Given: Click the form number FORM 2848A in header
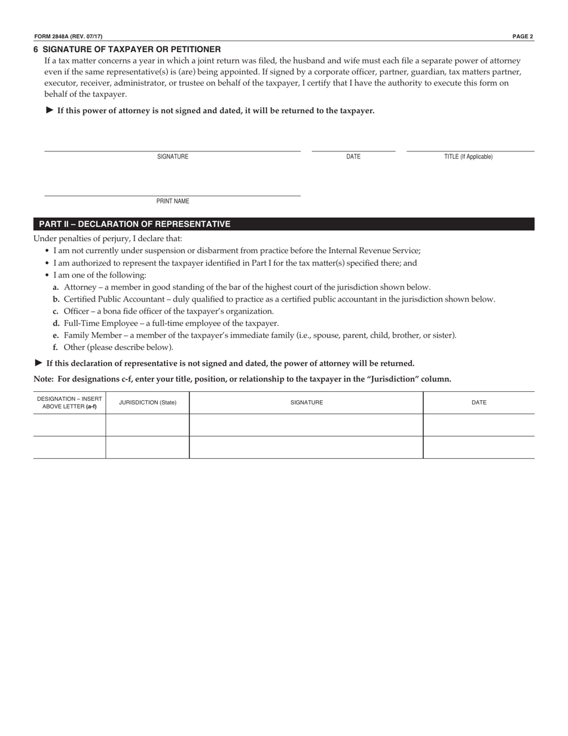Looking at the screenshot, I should [51, 37].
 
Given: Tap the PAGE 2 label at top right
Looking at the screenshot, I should [523, 37].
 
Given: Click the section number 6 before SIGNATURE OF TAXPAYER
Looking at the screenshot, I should [36, 49].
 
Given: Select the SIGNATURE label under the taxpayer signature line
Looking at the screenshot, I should [173, 157].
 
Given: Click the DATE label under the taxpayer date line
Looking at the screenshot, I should [353, 157].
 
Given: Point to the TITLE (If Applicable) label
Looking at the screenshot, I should [468, 157].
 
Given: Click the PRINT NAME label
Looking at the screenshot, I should [173, 202].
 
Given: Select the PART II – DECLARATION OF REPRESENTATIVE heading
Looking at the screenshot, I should [135, 224].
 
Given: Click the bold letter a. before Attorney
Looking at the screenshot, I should [56, 287].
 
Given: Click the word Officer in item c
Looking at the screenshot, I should [76, 311].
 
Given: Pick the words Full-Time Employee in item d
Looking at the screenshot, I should [100, 323].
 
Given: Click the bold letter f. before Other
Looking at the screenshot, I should [56, 347].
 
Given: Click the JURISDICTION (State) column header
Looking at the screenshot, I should [148, 403].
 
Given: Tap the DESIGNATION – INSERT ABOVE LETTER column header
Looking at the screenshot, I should [69, 403].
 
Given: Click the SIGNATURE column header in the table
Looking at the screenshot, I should [307, 403].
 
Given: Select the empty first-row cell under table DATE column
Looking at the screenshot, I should [478, 425].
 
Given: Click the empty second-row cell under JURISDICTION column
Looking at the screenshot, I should [148, 447].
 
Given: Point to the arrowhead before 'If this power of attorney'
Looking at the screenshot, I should [50, 110].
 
